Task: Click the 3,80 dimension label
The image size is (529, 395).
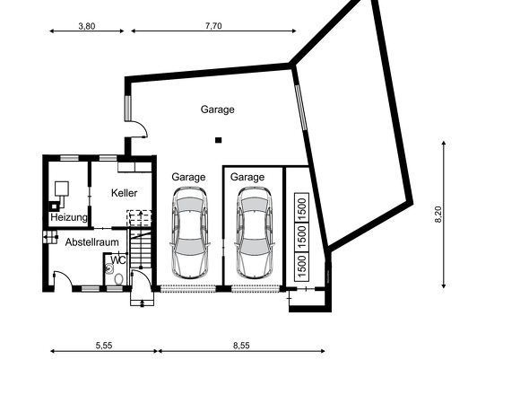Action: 86,26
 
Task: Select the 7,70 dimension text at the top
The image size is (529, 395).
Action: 212,26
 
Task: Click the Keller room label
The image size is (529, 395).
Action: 126,193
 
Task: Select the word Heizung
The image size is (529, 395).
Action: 69,218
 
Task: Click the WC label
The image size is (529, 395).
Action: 117,261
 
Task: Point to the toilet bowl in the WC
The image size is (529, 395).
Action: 118,277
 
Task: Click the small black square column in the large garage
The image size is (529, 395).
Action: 218,139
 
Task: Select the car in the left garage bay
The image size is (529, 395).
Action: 189,235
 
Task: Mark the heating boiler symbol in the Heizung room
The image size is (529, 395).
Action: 61,189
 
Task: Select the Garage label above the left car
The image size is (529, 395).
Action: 188,177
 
